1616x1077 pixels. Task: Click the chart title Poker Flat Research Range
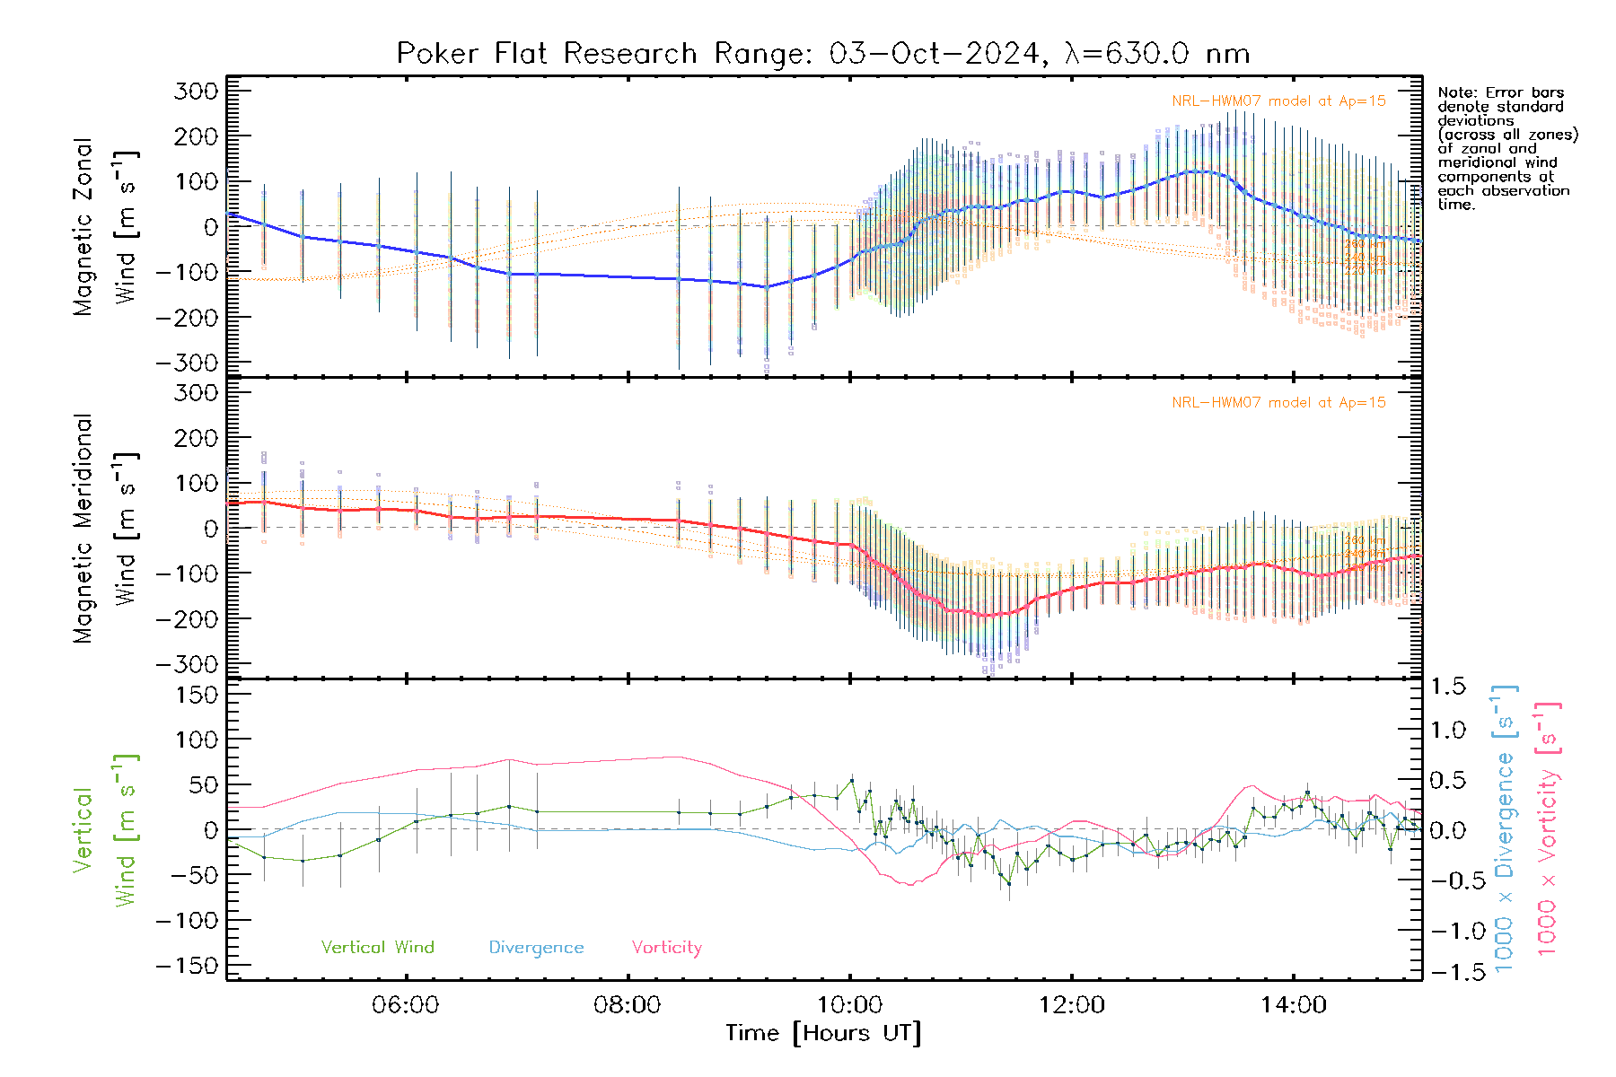tap(822, 54)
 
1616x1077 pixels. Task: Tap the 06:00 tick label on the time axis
tap(406, 1005)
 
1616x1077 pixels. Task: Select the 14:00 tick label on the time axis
tap(1293, 1005)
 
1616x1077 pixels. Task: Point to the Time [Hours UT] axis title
tap(823, 1033)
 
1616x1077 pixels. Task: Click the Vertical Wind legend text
tap(377, 948)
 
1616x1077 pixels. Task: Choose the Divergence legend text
tap(536, 948)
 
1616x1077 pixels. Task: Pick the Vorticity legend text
tap(666, 948)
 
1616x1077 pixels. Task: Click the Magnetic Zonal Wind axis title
tap(106, 226)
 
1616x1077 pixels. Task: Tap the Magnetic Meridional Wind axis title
tap(106, 528)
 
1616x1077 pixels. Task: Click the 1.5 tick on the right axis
tap(1448, 687)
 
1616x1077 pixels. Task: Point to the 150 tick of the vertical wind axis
tap(196, 695)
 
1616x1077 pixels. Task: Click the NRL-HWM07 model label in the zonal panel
tap(1278, 101)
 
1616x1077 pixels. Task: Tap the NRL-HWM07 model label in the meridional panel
tap(1278, 403)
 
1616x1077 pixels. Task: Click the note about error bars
tap(1506, 148)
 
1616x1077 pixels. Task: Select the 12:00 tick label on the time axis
tap(1072, 1005)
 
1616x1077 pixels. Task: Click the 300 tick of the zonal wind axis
tap(196, 91)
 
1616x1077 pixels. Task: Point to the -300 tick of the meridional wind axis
tap(189, 664)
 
